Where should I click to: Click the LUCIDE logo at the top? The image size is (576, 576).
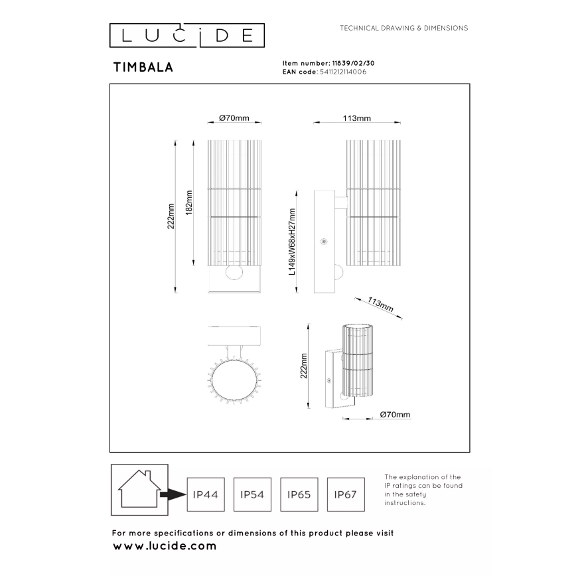(x=186, y=35)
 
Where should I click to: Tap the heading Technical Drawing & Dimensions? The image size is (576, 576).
(x=403, y=29)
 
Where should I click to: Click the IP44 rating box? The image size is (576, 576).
(x=205, y=494)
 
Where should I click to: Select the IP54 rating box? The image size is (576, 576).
(x=252, y=494)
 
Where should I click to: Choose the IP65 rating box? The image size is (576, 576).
(x=298, y=494)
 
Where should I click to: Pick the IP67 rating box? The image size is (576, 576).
(x=344, y=494)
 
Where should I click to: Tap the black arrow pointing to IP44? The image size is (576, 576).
(x=174, y=494)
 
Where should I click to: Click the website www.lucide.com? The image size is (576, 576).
(x=165, y=546)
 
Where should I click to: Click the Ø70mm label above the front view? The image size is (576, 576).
(x=234, y=118)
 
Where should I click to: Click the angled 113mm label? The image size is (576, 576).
(x=380, y=305)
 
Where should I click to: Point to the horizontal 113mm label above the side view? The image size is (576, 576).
(x=356, y=118)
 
